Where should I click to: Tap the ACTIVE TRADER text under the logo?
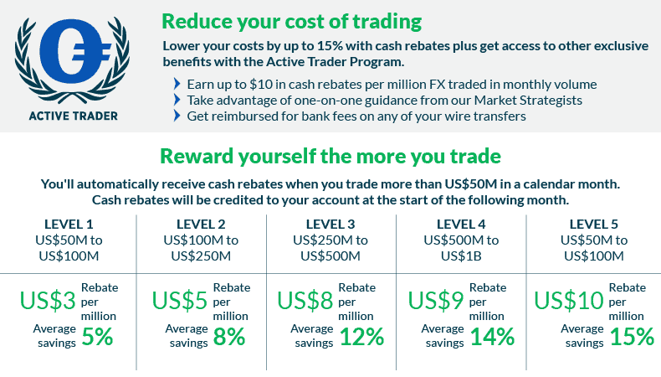(x=74, y=116)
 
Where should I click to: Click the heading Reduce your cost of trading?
(x=292, y=22)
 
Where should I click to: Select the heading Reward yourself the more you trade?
(x=330, y=156)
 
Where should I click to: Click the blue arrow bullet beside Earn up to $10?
(x=177, y=84)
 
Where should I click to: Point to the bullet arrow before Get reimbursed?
(x=177, y=116)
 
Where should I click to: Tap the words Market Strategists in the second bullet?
(x=528, y=101)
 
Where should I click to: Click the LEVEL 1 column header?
(x=69, y=225)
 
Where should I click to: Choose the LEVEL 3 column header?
(x=330, y=225)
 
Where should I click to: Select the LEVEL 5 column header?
(x=593, y=225)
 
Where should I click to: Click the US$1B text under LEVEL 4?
(x=461, y=256)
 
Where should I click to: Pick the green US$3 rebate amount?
(x=48, y=301)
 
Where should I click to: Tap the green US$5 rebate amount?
(x=180, y=301)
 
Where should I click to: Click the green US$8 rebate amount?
(x=305, y=301)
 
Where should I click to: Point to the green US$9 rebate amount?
(x=436, y=301)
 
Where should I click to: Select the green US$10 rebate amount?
(x=569, y=301)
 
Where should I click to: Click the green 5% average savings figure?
(x=97, y=337)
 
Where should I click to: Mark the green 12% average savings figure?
(x=362, y=337)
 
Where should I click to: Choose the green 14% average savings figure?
(x=492, y=337)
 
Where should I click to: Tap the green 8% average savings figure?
(x=229, y=337)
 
